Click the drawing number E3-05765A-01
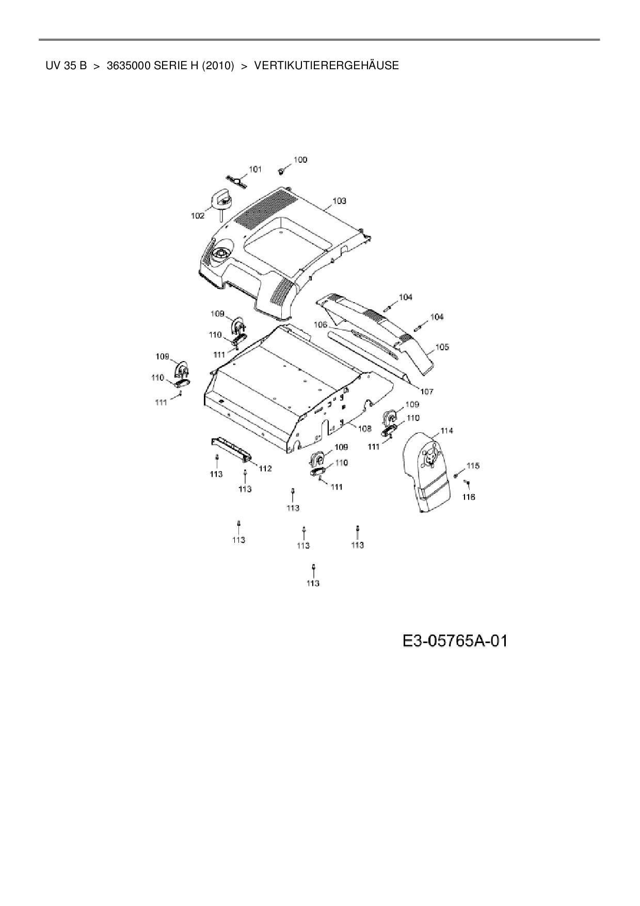pos(455,641)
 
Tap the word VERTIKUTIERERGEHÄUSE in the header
pos(326,66)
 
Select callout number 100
pos(300,160)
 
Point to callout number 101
pos(255,169)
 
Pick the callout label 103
pos(339,200)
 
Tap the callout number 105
pos(442,347)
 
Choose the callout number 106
pos(321,324)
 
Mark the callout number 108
pos(364,428)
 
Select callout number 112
pos(265,468)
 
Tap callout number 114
pos(446,431)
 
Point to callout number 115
pos(473,465)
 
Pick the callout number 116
pos(469,497)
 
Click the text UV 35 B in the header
pos(66,66)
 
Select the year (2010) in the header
pos(218,66)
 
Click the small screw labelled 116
pos(466,482)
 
